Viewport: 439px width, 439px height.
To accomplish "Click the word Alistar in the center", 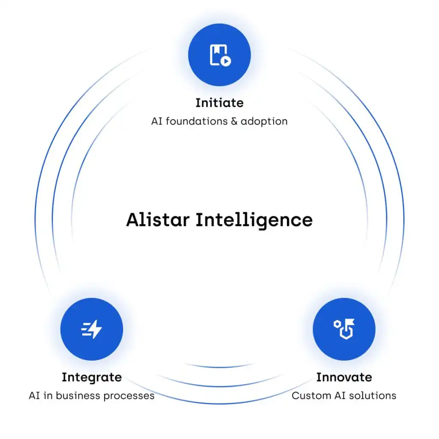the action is pos(158,219).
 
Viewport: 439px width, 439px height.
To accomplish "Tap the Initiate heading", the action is pos(219,103).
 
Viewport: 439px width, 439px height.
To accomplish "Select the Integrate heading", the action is pos(92,378).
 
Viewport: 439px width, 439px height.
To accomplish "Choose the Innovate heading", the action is pos(344,377).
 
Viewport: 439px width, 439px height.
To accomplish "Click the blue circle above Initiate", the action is pos(219,54).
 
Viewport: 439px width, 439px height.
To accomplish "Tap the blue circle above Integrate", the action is pos(92,329).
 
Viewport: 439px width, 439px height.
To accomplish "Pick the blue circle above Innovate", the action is pos(344,329).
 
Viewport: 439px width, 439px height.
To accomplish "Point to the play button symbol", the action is pos(226,61).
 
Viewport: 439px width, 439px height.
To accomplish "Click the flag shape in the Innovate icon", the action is pos(349,322).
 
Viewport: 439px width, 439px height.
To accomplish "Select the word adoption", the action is pos(264,122).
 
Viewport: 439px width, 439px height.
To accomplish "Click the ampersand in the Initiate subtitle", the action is pos(234,121).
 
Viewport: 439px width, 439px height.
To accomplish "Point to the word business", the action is pos(78,396).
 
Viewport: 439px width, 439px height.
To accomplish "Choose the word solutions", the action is pos(371,396).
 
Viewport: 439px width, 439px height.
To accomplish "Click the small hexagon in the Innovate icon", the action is pos(337,324).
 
